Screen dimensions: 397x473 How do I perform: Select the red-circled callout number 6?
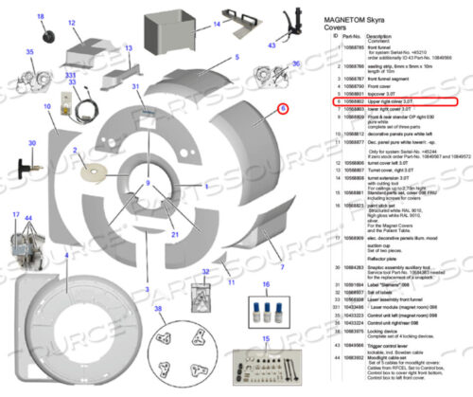(x=282, y=110)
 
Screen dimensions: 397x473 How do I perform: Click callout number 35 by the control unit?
(x=30, y=51)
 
